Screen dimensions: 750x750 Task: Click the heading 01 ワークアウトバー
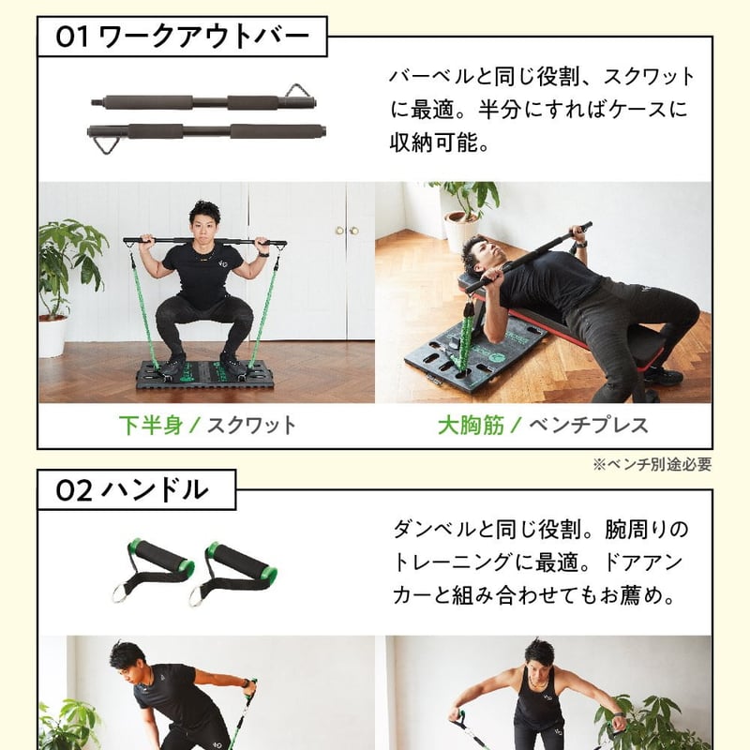[x=183, y=37]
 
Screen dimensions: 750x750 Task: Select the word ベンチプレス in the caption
[x=588, y=426]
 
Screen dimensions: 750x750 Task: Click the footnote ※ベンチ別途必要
[x=652, y=463]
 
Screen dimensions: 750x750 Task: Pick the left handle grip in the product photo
[x=157, y=570]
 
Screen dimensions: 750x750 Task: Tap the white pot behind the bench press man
[x=460, y=230]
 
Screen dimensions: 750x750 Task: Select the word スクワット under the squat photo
[x=250, y=426]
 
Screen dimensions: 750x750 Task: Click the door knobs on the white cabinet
[x=346, y=231]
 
